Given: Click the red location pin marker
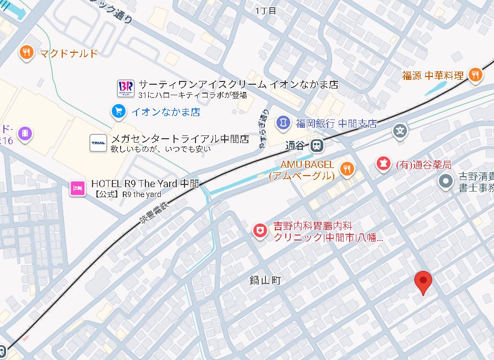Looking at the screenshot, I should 423,281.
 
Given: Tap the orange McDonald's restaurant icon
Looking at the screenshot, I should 26,53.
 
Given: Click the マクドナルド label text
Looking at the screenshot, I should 69,53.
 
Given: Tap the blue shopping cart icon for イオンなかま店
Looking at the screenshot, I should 118,112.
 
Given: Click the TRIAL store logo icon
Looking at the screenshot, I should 98,143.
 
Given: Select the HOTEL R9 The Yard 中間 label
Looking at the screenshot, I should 145,184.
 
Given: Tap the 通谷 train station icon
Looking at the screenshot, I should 316,146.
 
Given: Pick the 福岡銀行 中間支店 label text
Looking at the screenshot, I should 335,123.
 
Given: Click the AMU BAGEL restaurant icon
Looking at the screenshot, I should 347,168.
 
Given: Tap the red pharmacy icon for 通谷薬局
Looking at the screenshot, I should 382,163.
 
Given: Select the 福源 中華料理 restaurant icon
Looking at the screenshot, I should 476,75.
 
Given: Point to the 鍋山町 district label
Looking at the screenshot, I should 264,281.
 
